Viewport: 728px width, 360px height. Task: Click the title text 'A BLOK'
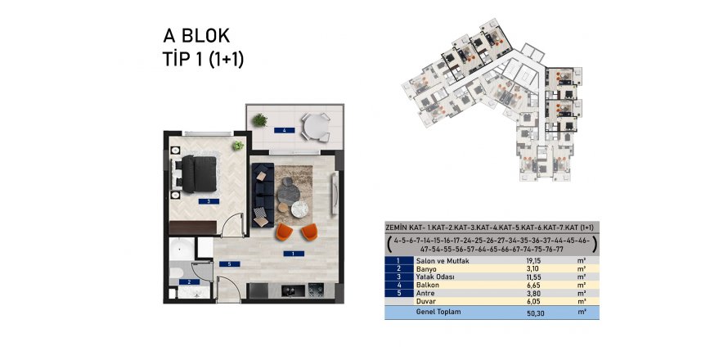click(x=197, y=36)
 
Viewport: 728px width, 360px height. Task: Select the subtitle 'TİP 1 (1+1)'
click(x=204, y=59)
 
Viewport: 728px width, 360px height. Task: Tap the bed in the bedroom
click(x=199, y=173)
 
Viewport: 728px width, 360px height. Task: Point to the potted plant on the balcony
click(x=259, y=120)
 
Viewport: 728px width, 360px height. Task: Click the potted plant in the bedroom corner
click(x=238, y=146)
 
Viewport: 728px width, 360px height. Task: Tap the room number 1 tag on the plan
click(x=291, y=254)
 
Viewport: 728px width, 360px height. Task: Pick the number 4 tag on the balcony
click(x=283, y=130)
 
